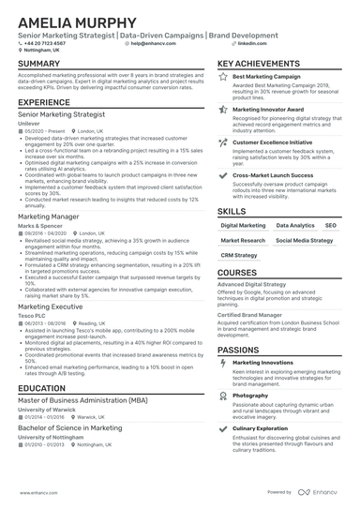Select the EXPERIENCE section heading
point(44,101)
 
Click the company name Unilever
point(30,122)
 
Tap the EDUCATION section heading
point(41,387)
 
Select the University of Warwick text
point(47,411)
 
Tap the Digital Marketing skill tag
point(243,226)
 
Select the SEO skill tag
point(330,226)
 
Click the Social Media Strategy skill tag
point(304,241)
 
